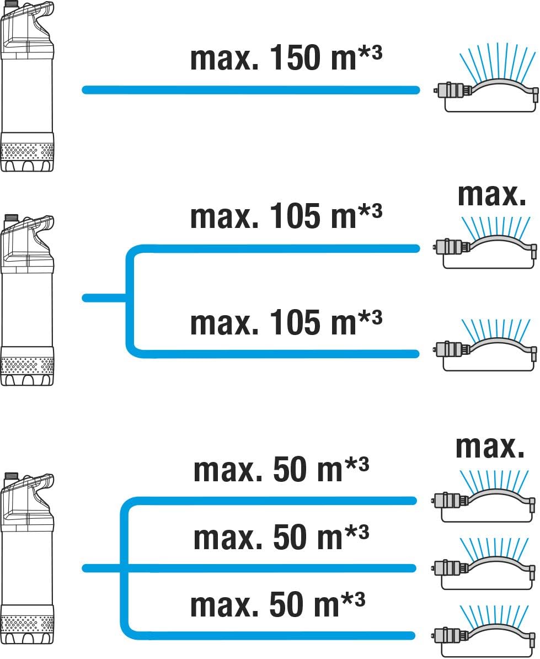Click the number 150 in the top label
click(295, 57)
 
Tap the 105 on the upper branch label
click(295, 216)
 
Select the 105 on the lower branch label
click(295, 323)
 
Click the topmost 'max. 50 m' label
click(268, 470)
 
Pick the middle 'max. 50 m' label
click(268, 537)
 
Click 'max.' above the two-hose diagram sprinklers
click(491, 195)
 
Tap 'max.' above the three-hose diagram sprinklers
click(490, 447)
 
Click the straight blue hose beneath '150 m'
click(250, 90)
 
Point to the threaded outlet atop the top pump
click(10, 4)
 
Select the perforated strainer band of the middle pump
click(27, 365)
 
